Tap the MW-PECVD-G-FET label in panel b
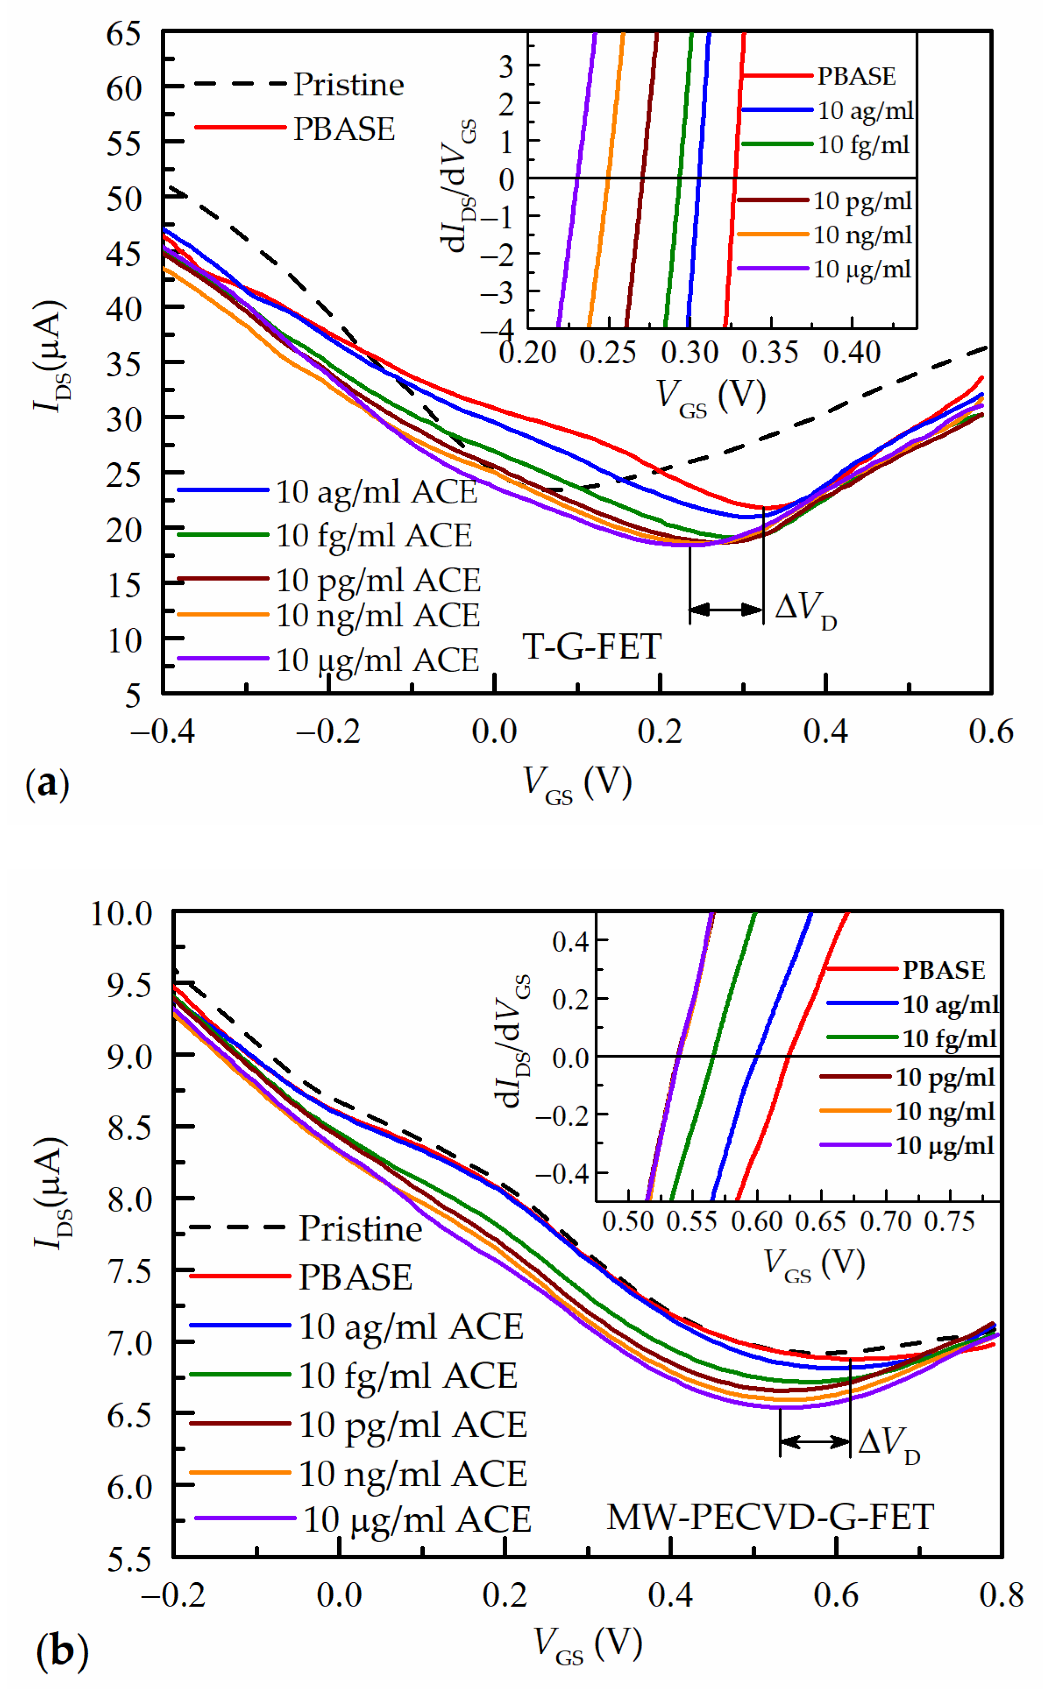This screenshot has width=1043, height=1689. click(770, 1517)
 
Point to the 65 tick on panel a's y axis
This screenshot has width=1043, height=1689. click(124, 33)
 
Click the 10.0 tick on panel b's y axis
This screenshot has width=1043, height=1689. click(122, 914)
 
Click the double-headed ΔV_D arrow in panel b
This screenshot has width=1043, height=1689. click(815, 1441)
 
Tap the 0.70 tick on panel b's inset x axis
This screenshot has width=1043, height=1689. click(886, 1221)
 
